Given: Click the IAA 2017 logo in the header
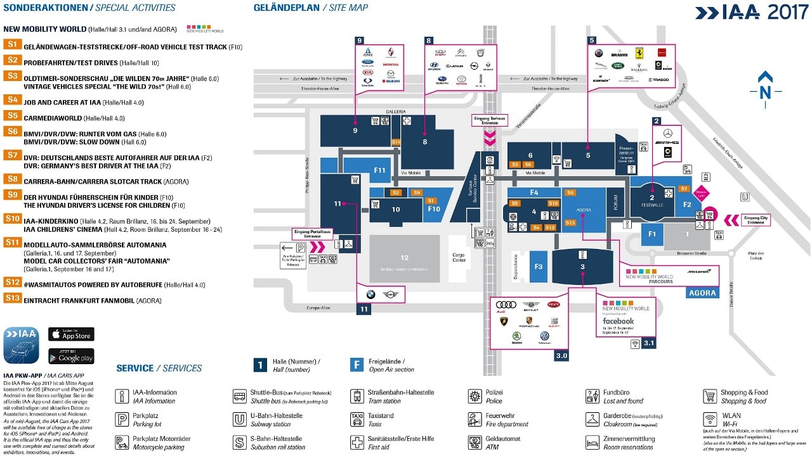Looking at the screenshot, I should click(751, 12).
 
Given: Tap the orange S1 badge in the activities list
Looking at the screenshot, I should click(12, 44).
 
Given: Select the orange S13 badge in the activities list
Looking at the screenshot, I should click(13, 298).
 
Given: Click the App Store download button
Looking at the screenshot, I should click(71, 334).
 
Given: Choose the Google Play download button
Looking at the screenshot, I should click(71, 356).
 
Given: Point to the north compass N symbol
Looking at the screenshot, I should click(765, 92).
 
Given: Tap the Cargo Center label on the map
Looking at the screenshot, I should click(459, 257).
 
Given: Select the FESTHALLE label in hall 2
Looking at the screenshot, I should click(652, 205).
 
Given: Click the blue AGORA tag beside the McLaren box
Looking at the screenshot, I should click(703, 293).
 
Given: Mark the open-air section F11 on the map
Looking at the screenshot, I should click(379, 170).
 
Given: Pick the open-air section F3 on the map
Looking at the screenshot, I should click(539, 267).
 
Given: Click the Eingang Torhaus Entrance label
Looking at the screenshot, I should click(490, 120).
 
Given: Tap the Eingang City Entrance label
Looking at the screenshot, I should click(756, 220).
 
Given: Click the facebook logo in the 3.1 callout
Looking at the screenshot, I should click(618, 321).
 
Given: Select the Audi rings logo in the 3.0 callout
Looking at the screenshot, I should click(506, 305).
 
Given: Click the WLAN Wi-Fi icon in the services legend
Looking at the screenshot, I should click(710, 419).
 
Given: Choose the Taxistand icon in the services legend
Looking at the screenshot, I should click(357, 419).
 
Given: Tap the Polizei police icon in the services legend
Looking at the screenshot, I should click(475, 396).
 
